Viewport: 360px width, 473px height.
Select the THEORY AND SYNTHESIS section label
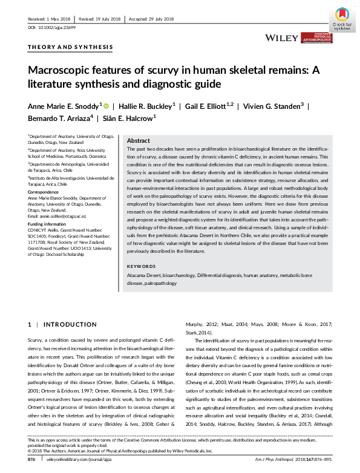70,47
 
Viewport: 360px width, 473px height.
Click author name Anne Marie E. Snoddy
63,105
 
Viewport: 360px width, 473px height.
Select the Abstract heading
139,140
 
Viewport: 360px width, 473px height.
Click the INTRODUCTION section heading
62,325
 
